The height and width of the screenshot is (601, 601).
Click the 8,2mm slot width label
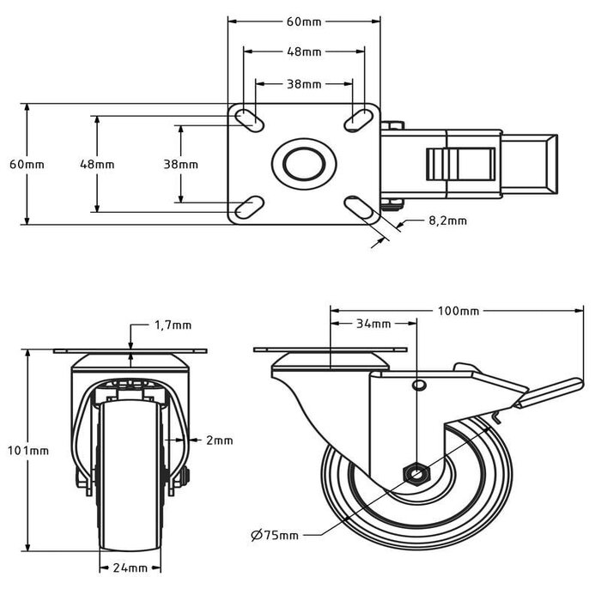pyautogui.click(x=447, y=221)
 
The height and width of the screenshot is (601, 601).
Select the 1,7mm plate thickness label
pyautogui.click(x=173, y=325)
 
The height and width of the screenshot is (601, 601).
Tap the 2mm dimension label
pyautogui.click(x=220, y=440)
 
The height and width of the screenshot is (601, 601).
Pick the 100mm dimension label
pyautogui.click(x=458, y=310)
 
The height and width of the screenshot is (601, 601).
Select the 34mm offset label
pyautogui.click(x=373, y=324)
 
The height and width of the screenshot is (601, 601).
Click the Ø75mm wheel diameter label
pyautogui.click(x=276, y=535)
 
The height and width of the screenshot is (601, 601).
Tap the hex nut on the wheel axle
pyautogui.click(x=416, y=472)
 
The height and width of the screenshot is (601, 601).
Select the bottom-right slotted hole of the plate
pyautogui.click(x=357, y=206)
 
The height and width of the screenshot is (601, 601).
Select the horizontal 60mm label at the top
pyautogui.click(x=304, y=22)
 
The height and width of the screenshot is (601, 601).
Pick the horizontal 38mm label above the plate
pyautogui.click(x=304, y=84)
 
